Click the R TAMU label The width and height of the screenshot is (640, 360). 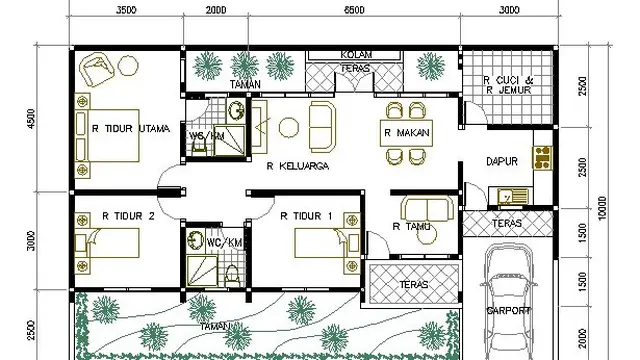(411, 226)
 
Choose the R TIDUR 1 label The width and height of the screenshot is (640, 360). (307, 214)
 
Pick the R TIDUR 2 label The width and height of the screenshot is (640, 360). (128, 214)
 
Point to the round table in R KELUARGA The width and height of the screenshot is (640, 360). (289, 126)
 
